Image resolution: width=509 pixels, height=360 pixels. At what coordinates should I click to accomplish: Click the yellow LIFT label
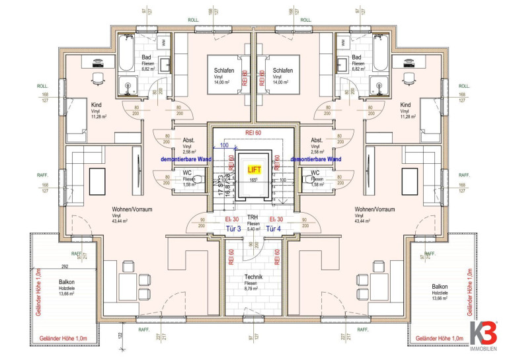255,170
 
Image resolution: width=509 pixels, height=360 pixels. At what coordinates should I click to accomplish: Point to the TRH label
253,218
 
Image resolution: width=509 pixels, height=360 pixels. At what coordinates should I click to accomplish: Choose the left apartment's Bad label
147,57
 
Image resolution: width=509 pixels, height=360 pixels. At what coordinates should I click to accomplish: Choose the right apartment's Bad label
358,57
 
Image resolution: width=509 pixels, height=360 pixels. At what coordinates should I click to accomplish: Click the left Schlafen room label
224,70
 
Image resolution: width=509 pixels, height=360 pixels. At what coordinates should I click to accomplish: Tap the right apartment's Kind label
406,105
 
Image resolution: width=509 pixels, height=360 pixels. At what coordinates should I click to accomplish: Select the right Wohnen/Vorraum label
374,209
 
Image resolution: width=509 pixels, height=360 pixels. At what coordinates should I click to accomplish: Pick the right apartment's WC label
317,172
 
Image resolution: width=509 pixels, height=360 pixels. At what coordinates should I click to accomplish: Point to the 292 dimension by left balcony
65,268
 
